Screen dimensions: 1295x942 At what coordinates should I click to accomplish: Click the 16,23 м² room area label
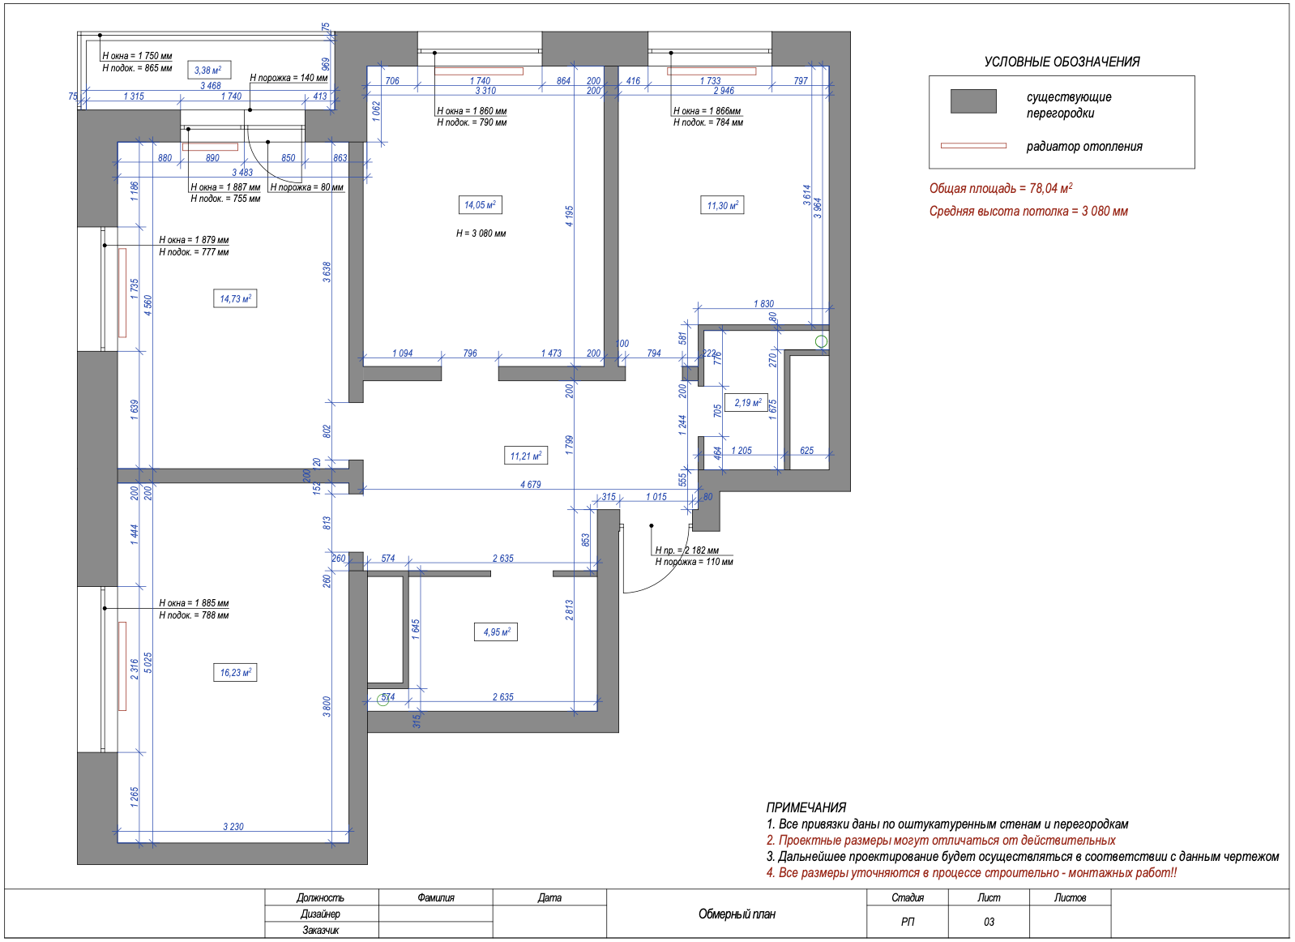click(x=235, y=673)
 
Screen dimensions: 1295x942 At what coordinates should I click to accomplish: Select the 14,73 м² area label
click(x=235, y=299)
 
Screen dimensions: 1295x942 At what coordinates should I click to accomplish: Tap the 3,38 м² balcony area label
click(x=209, y=70)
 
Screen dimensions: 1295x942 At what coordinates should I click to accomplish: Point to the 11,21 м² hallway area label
click(x=525, y=456)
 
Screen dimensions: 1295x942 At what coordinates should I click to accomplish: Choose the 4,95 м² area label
click(x=496, y=632)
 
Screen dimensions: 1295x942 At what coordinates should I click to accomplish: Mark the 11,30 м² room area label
click(x=722, y=205)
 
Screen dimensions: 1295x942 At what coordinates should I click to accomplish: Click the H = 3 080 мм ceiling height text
click(x=481, y=233)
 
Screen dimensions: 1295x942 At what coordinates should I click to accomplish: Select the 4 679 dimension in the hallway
click(x=531, y=485)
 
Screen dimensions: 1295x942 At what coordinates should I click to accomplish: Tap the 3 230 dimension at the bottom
click(x=233, y=826)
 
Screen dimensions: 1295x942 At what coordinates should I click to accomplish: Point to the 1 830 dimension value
click(x=763, y=303)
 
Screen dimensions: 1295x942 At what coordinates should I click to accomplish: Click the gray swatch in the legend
click(x=973, y=101)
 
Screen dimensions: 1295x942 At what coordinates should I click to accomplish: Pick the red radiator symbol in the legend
click(x=973, y=146)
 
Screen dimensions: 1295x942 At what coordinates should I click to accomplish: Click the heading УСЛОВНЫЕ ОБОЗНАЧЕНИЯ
click(x=1062, y=62)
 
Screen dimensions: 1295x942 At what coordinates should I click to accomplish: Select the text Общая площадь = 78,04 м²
click(x=1001, y=188)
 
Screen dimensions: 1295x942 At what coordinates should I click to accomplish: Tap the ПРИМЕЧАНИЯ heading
click(x=806, y=807)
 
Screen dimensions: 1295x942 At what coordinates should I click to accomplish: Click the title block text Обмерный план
click(x=737, y=914)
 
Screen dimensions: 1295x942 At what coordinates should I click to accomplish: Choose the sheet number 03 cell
click(x=989, y=922)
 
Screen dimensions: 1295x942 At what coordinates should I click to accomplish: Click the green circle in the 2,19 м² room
click(x=821, y=342)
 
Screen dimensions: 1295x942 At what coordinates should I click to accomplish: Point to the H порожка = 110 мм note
click(x=694, y=562)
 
